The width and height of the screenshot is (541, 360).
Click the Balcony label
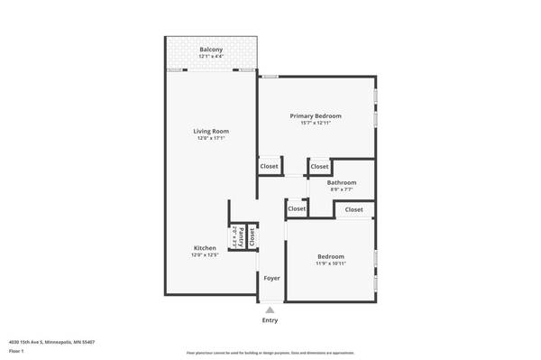pos(211,49)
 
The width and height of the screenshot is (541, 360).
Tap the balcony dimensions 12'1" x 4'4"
pos(211,56)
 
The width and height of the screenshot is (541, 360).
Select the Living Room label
pos(211,132)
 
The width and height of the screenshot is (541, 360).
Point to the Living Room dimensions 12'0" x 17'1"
pos(211,139)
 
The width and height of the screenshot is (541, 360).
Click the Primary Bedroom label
pos(316,115)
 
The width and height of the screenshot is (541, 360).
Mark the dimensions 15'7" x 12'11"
pos(316,123)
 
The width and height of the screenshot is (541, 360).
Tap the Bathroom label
pos(342,182)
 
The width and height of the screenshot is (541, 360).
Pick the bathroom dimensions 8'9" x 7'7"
pos(342,189)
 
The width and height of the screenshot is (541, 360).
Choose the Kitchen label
pos(205,248)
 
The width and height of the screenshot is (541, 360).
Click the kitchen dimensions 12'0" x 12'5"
pos(205,255)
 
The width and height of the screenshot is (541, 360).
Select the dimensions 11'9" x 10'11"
pos(330,264)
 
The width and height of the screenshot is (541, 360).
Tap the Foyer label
pos(271,278)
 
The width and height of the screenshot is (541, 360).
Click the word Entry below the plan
pos(270,320)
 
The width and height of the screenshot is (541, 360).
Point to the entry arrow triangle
pos(270,309)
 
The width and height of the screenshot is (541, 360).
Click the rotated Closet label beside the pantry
pos(252,236)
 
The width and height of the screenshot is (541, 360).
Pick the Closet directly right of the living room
pos(269,167)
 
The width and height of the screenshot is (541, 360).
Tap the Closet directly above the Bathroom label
pos(319,167)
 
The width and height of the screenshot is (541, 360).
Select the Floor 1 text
pos(15,351)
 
